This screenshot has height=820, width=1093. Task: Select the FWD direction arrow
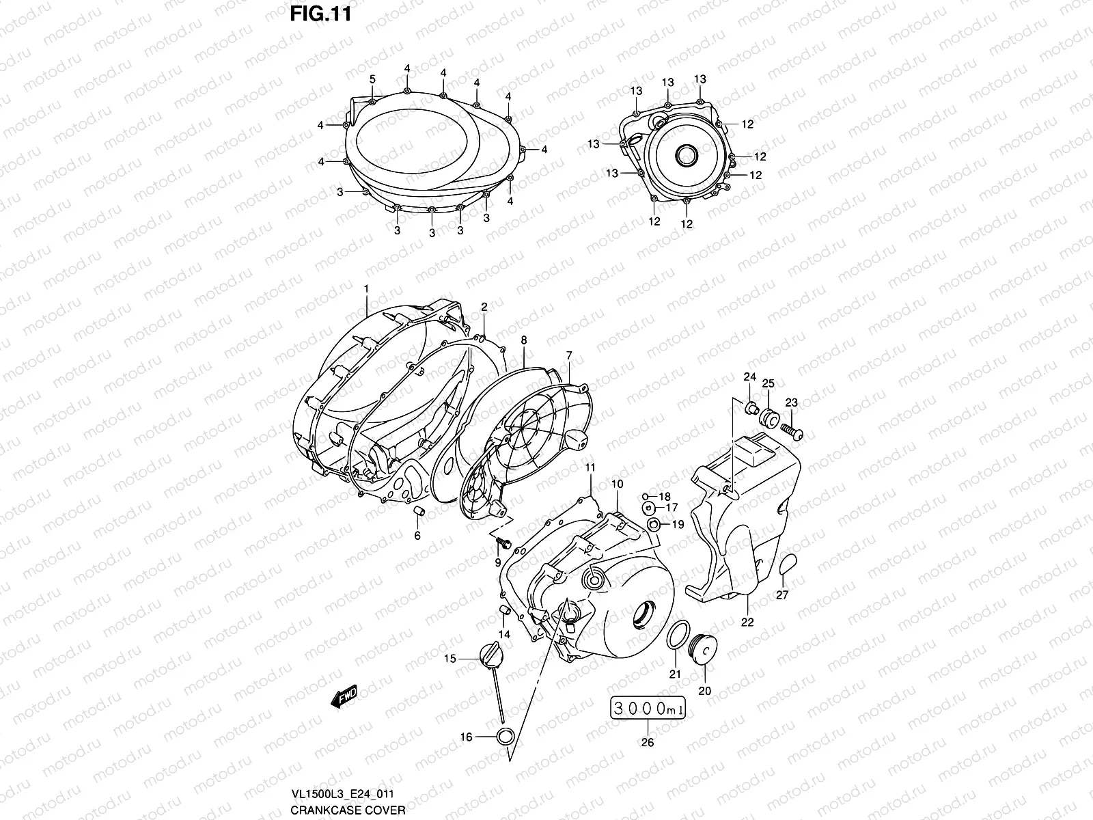pyautogui.click(x=344, y=695)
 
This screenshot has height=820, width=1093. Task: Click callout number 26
pyautogui.click(x=648, y=742)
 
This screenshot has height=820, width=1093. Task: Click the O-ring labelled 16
pyautogui.click(x=504, y=737)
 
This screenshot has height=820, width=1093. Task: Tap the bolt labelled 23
pyautogui.click(x=794, y=430)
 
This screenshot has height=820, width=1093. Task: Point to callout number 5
pyautogui.click(x=372, y=80)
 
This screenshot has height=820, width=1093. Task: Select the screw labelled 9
pyautogui.click(x=503, y=543)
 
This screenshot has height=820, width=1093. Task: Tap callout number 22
pyautogui.click(x=747, y=622)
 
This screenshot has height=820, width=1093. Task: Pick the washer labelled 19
pyautogui.click(x=654, y=525)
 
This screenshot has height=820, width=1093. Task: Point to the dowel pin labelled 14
pyautogui.click(x=505, y=610)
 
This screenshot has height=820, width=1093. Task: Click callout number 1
pyautogui.click(x=365, y=289)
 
